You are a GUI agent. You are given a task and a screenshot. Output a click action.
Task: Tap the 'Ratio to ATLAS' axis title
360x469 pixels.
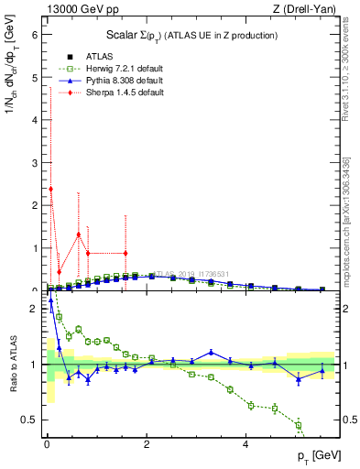point(13,382)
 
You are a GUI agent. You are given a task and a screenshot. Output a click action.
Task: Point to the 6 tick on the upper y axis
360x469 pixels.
point(36,35)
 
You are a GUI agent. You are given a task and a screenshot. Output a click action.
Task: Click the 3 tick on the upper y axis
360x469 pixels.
point(36,163)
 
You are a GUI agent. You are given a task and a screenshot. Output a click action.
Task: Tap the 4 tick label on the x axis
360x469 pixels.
point(245,445)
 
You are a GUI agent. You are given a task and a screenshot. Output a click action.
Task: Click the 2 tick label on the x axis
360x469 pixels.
point(146,445)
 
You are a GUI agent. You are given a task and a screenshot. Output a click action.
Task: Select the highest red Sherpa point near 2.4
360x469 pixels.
point(50,189)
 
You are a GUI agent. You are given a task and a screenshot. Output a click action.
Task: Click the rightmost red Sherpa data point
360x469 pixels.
point(125,253)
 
